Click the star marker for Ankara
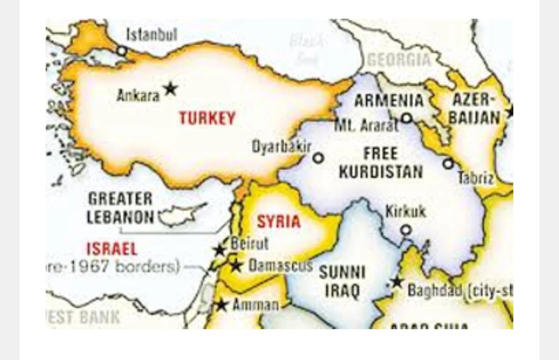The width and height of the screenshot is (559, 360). point(170,88)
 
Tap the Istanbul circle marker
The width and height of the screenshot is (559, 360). point(122,51)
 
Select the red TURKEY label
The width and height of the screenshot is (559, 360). point(207,118)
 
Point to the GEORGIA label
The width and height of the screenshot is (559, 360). point(399,60)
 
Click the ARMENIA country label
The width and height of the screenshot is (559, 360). point(389,101)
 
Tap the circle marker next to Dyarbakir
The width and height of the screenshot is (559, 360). point(318,158)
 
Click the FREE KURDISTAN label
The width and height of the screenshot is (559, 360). point(381,163)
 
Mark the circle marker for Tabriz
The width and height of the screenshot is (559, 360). point(448,163)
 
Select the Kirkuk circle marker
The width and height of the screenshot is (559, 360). point(406,230)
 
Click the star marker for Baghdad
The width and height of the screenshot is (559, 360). point(397,282)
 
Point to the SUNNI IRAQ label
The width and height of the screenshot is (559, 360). point(342,281)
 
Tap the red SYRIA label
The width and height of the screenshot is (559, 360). point(279,221)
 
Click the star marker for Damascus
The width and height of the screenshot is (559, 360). point(236,266)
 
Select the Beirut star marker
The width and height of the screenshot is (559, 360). point(219,250)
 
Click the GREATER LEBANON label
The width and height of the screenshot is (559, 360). point(120,208)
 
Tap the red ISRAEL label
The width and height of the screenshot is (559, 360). point(112,249)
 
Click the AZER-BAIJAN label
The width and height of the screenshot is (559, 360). point(474,108)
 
